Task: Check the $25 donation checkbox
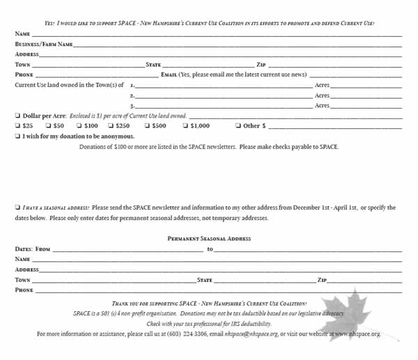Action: point(17,126)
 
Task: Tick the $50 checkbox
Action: point(48,126)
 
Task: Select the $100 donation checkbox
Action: point(79,126)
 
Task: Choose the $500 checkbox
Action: point(147,126)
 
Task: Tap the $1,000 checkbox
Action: point(185,126)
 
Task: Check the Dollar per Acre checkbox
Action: point(17,116)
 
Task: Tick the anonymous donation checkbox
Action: point(17,136)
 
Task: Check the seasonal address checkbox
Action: point(17,208)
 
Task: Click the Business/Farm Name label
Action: point(44,44)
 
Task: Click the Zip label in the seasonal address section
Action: point(322,280)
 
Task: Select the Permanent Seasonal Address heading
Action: point(209,239)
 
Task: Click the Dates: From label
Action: point(33,249)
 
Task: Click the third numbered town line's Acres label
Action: point(322,105)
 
